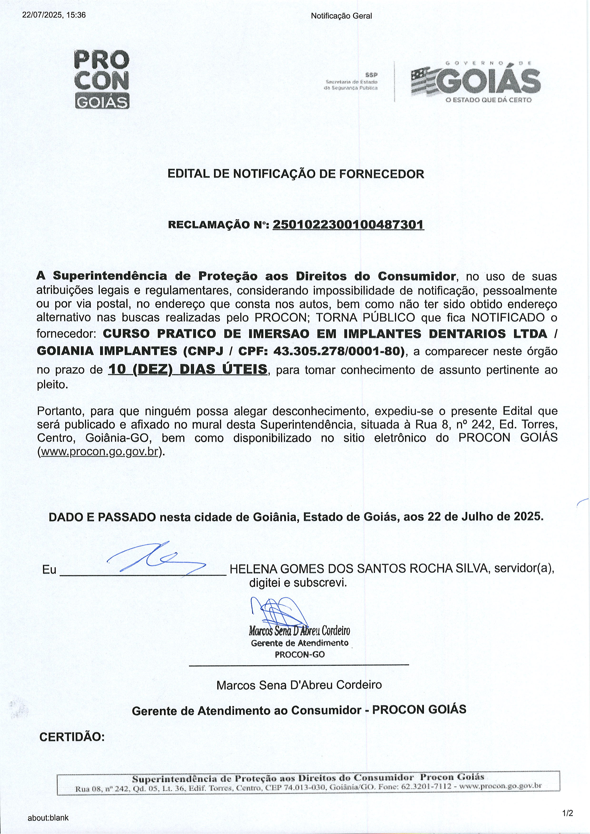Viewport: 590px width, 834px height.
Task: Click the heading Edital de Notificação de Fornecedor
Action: coord(295,174)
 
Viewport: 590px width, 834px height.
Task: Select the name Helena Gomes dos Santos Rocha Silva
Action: coord(359,568)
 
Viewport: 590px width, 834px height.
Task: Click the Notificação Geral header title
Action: coord(341,16)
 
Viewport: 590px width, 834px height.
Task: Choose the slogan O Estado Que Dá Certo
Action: coord(489,100)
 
